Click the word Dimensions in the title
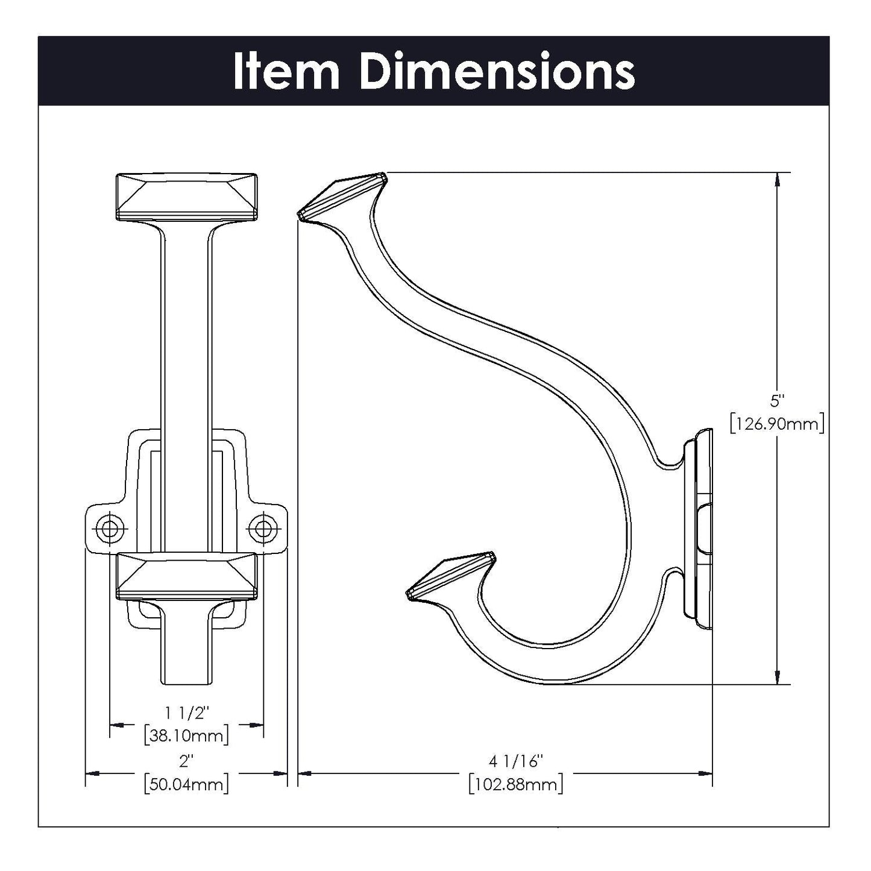(497, 72)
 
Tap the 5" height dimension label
(776, 400)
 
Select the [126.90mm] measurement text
(776, 424)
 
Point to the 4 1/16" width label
(516, 761)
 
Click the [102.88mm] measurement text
(516, 784)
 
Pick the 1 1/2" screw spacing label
(186, 712)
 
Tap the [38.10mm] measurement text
(186, 735)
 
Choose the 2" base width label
(186, 761)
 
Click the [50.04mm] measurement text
(186, 784)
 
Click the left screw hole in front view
(110, 528)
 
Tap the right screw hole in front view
(263, 528)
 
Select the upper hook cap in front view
(186, 197)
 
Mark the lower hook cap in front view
(186, 576)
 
